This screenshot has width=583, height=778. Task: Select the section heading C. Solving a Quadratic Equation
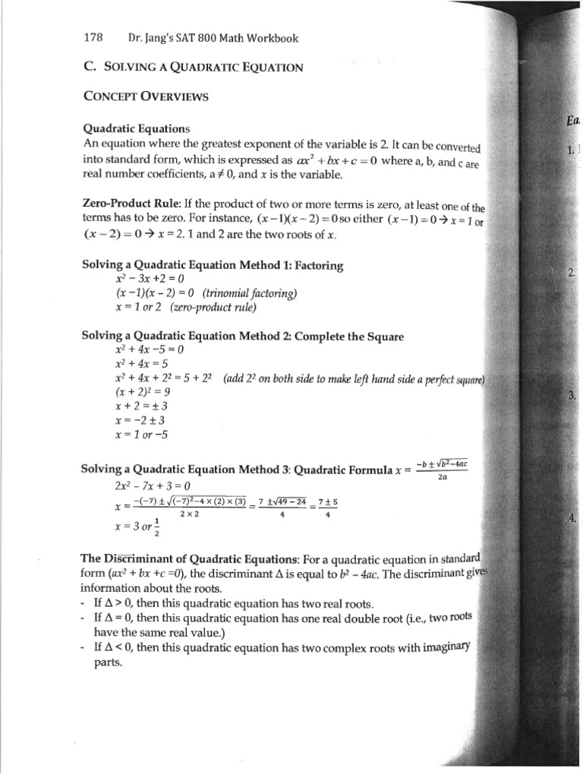pos(193,67)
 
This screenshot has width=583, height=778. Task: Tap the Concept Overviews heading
pos(144,96)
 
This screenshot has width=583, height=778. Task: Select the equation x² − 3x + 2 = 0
pos(149,279)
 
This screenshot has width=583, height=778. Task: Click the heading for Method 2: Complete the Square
pos(242,336)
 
